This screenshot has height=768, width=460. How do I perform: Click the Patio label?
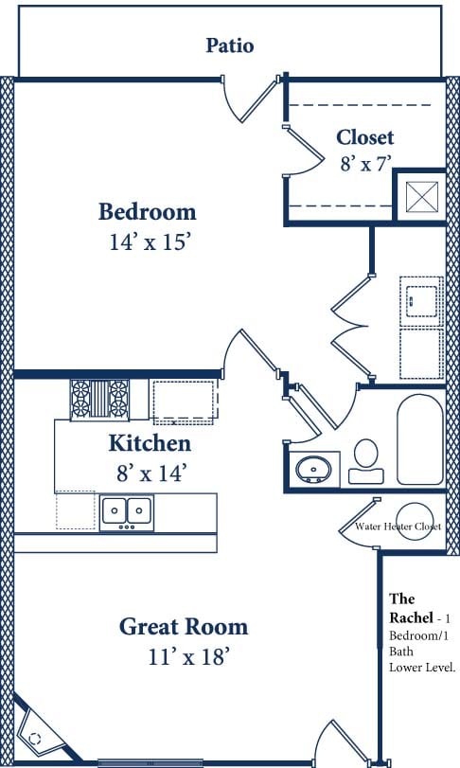(x=230, y=45)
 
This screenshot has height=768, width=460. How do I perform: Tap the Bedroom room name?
(x=148, y=211)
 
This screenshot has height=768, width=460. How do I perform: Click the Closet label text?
(x=364, y=137)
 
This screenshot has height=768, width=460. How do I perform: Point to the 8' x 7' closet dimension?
(x=364, y=163)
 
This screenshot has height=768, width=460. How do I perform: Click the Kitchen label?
(x=150, y=442)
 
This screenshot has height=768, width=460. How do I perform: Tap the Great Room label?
(x=184, y=626)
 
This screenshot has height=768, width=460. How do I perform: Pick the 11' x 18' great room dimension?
(x=184, y=656)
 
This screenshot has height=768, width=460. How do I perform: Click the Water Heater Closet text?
(x=398, y=527)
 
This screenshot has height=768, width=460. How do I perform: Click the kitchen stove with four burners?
(x=99, y=398)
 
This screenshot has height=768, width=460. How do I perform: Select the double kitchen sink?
(x=127, y=511)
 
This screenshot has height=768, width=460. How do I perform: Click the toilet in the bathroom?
(x=364, y=460)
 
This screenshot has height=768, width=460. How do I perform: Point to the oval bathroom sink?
(x=312, y=469)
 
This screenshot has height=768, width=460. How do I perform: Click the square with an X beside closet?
(x=418, y=197)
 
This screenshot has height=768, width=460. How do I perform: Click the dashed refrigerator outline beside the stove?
(x=185, y=398)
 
